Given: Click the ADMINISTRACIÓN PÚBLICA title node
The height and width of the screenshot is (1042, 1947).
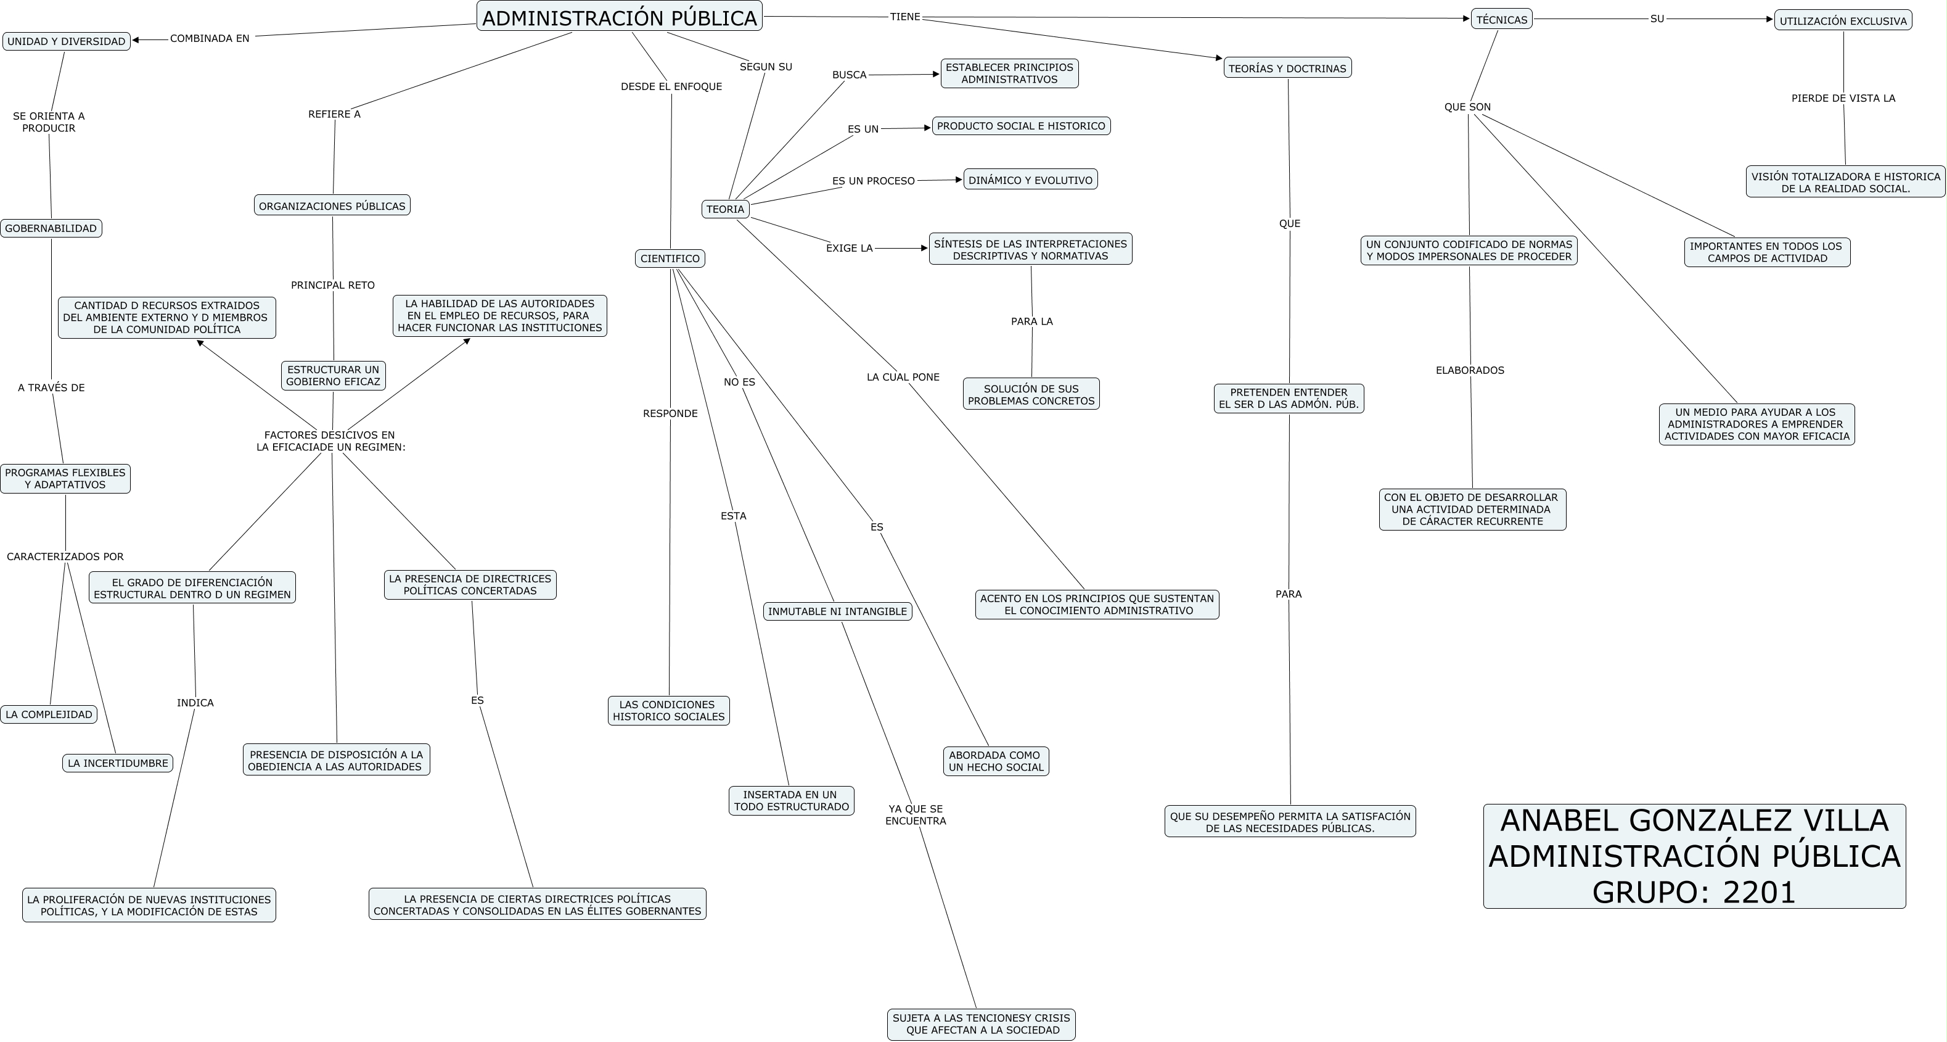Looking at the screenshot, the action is point(619,17).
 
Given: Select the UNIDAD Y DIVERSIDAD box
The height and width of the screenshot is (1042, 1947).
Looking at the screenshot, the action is point(67,41).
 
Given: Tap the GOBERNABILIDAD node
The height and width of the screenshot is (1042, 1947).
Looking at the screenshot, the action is point(51,228).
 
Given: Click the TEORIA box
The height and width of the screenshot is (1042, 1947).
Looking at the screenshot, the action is point(726,210).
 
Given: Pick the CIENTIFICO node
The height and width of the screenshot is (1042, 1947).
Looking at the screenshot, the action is point(670,258).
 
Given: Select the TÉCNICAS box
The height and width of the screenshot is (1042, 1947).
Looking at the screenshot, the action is point(1501,20).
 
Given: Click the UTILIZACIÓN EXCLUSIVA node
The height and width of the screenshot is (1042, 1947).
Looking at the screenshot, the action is point(1843,21).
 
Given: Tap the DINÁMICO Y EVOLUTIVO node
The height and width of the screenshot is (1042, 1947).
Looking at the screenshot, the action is point(1030,180).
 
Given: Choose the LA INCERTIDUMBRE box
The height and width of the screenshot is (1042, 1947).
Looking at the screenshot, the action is point(118,763).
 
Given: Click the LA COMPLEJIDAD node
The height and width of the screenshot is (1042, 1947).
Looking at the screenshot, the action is point(49,714).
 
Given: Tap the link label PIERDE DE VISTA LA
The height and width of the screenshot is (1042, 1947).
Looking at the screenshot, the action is point(1843,98).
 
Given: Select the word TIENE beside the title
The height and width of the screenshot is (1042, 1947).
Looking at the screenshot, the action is point(904,17).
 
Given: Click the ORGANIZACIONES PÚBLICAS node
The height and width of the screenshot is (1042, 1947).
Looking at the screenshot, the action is point(332,205).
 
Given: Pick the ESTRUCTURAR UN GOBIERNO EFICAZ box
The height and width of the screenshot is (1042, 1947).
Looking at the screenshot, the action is point(334,376).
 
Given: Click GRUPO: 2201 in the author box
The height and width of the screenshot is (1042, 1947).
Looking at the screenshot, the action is point(1694,892).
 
